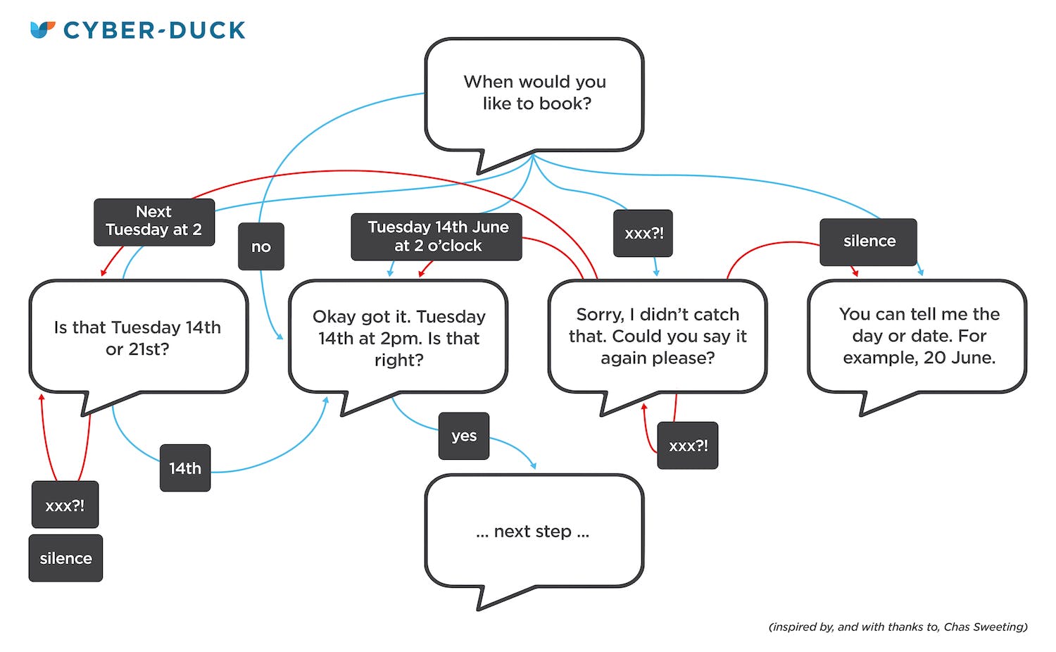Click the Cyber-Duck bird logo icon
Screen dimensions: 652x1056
click(42, 30)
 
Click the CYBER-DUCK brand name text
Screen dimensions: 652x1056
click(154, 30)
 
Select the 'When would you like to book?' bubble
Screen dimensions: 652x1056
click(534, 93)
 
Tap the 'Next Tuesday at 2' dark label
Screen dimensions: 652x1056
click(154, 222)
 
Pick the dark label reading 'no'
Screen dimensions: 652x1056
click(261, 246)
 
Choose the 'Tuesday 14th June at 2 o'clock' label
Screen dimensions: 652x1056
click(436, 237)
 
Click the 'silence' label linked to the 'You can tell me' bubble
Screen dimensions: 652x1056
click(868, 242)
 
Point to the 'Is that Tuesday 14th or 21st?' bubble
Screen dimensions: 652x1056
click(138, 337)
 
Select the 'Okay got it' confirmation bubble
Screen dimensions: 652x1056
click(398, 338)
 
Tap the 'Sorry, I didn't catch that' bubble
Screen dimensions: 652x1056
click(658, 336)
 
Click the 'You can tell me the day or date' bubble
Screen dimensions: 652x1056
click(918, 336)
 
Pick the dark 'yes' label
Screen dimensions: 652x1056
click(464, 436)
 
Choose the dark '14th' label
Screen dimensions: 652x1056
click(185, 468)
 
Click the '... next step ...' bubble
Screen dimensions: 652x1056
click(534, 531)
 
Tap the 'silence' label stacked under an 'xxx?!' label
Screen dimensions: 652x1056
click(65, 558)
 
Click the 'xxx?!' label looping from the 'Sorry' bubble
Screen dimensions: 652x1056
click(688, 446)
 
